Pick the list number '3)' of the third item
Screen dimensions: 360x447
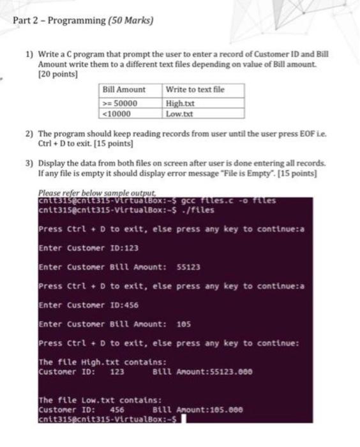[28, 163]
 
